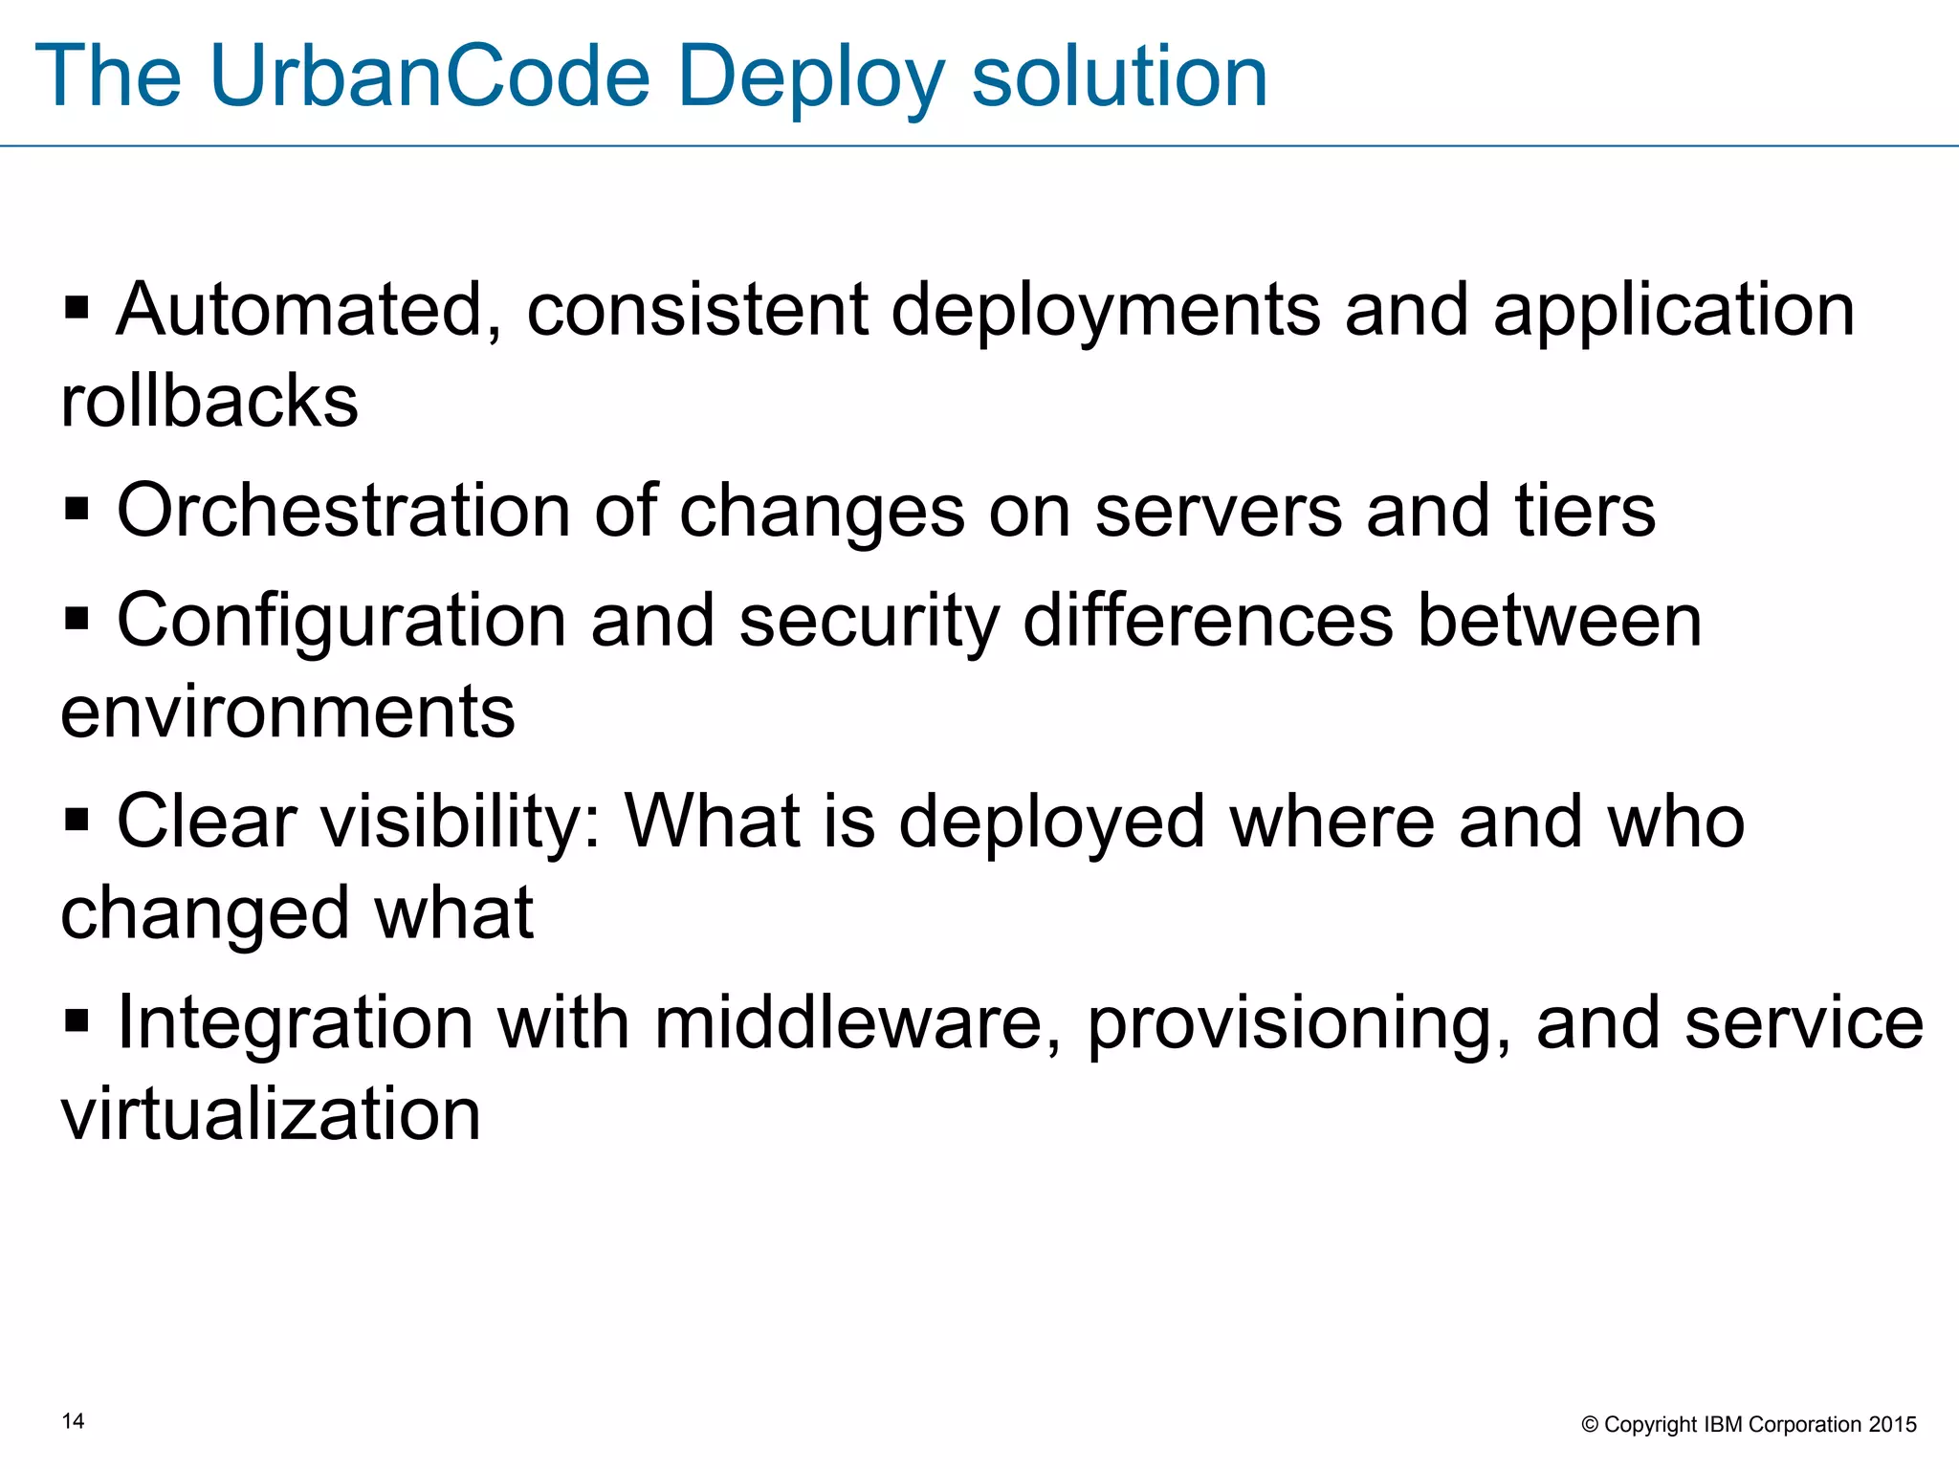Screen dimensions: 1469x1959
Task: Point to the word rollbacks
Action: click(209, 401)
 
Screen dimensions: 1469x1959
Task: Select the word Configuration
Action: click(341, 622)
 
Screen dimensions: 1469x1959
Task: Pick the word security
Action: click(869, 622)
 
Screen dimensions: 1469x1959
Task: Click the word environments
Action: click(288, 712)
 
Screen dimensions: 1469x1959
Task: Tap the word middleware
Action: click(857, 1023)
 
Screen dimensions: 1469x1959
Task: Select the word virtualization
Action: click(271, 1114)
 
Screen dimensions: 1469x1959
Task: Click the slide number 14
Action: click(73, 1421)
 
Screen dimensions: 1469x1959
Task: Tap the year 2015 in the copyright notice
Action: click(1893, 1425)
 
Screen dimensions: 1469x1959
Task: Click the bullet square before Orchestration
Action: click(77, 509)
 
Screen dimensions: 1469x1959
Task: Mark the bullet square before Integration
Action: click(77, 1020)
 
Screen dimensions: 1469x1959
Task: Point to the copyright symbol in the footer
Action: click(1590, 1425)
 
